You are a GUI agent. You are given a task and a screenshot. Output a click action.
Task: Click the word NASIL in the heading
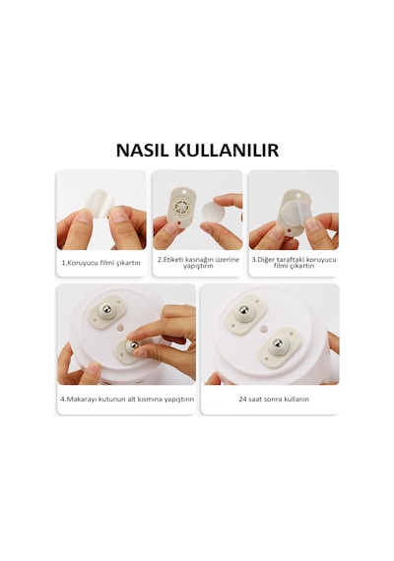(x=142, y=151)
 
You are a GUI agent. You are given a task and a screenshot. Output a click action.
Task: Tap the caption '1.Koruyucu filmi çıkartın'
(x=101, y=263)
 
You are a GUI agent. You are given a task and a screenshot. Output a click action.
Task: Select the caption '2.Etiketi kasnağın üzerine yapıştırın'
(x=198, y=262)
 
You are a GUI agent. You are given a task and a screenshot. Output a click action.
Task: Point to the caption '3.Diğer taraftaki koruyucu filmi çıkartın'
(x=294, y=262)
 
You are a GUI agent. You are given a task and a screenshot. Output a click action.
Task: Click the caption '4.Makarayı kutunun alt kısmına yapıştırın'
(x=127, y=399)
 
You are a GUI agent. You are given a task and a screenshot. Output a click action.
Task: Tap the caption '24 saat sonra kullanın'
(x=274, y=399)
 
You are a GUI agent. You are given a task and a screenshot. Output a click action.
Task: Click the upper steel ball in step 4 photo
(x=106, y=308)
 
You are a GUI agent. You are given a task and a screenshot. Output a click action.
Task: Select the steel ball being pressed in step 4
(x=134, y=344)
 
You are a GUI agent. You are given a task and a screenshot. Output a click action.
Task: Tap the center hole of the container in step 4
(x=121, y=328)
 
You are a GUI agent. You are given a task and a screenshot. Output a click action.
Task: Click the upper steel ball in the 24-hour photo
(x=244, y=309)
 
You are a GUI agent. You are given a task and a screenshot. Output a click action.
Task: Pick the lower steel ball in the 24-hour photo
(x=278, y=343)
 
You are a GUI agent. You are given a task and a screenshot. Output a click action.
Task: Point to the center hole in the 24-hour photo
(x=264, y=328)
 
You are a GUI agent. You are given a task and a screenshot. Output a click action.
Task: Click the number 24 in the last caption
(x=242, y=399)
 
